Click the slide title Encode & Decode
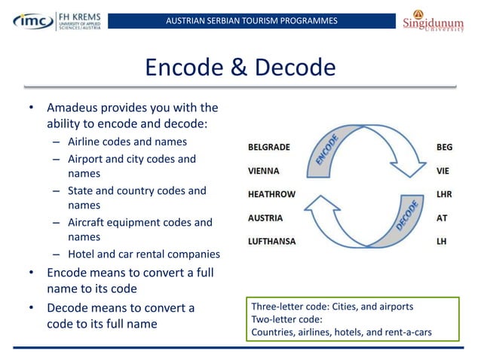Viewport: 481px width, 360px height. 240,68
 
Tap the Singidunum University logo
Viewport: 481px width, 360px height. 437,21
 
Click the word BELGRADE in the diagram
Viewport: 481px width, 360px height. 269,147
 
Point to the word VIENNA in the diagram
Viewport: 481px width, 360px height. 264,170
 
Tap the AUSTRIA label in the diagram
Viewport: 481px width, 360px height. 265,218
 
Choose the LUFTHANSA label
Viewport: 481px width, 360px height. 272,242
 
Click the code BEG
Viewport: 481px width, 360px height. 444,147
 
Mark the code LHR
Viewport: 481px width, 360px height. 443,194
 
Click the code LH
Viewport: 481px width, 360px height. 441,242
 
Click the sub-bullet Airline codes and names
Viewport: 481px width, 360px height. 127,142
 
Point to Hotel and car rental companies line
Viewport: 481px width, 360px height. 143,254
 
